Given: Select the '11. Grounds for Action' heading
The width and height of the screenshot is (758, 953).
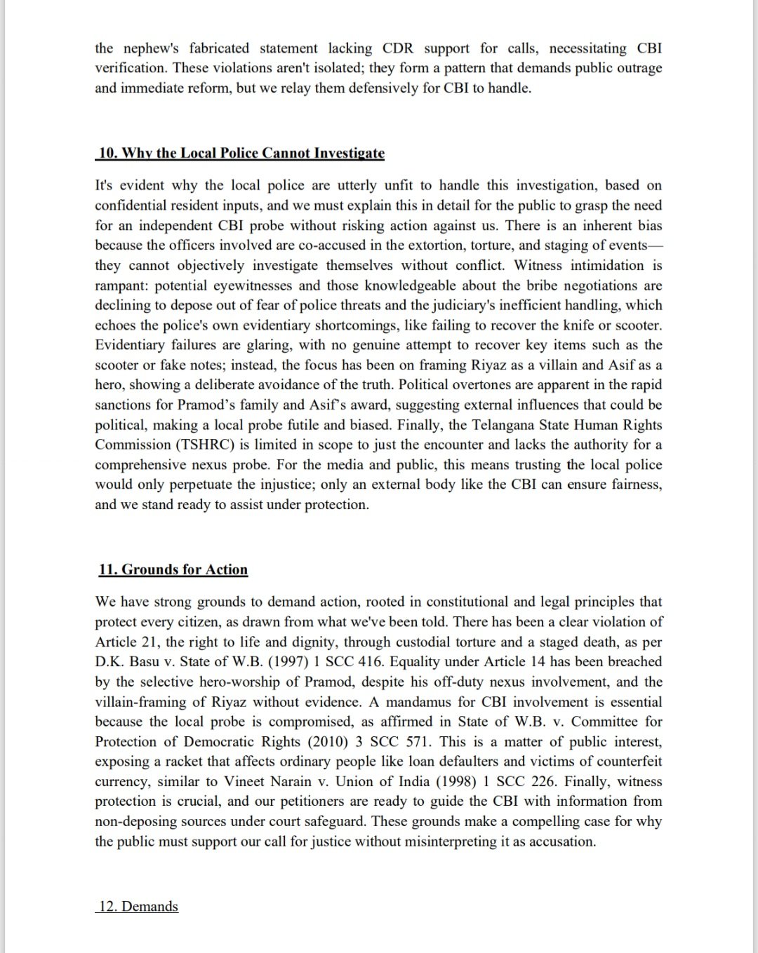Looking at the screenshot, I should click(173, 569).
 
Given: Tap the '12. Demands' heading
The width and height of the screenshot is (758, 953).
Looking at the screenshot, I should click(138, 906).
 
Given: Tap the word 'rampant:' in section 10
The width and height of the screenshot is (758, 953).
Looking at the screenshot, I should click(121, 285).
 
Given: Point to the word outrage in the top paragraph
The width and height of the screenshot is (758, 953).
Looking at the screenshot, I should click(637, 68).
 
